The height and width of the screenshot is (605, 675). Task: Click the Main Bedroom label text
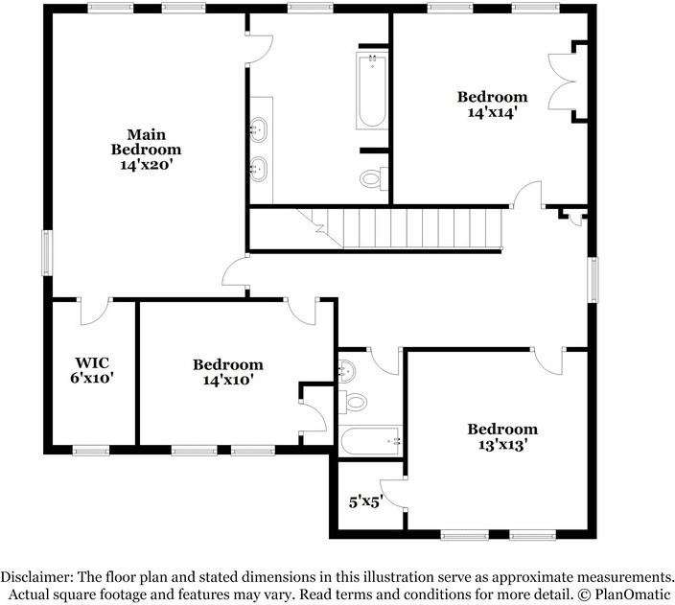[x=146, y=142]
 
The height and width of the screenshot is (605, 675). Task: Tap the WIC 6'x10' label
[x=92, y=370]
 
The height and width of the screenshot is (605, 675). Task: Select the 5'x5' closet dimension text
[x=366, y=501]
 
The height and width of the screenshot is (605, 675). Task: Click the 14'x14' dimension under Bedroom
[x=492, y=112]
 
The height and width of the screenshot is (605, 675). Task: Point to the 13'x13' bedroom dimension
[x=502, y=444]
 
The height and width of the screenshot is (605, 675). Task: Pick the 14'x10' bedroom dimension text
[x=228, y=380]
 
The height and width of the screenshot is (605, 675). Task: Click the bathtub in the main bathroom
[x=372, y=90]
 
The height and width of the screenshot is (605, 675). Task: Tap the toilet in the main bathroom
[x=373, y=177]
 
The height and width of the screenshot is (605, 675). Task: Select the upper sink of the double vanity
[x=259, y=129]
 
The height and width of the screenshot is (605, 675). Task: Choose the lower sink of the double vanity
[x=259, y=170]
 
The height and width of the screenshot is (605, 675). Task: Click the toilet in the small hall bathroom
[x=353, y=402]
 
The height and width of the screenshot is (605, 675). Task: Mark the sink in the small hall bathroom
[x=347, y=370]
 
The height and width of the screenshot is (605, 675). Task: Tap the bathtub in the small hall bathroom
[x=370, y=441]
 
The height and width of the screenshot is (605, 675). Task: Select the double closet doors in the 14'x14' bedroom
[x=561, y=81]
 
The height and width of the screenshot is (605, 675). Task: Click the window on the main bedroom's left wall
[x=47, y=252]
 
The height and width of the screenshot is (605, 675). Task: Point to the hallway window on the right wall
[x=593, y=279]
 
